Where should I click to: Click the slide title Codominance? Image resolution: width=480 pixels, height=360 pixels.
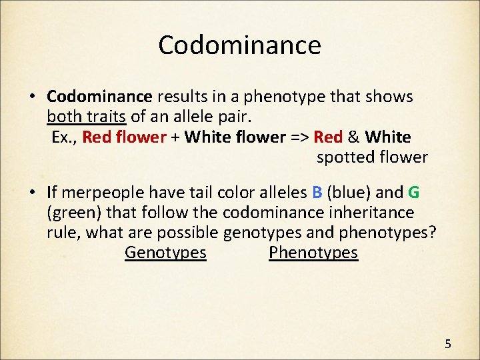(x=239, y=45)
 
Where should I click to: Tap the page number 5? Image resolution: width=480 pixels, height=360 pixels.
(x=448, y=344)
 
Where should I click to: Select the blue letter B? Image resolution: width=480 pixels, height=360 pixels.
(x=317, y=193)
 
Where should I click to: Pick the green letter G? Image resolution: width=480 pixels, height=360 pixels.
(x=413, y=193)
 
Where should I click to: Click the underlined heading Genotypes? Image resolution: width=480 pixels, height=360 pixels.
(x=165, y=253)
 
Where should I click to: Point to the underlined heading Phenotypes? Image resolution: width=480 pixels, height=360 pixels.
(x=313, y=253)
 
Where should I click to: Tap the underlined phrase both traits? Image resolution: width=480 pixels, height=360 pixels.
(x=87, y=117)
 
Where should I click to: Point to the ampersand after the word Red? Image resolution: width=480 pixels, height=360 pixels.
(x=353, y=137)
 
